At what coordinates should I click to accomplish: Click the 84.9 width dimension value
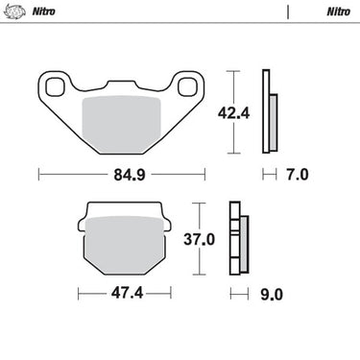click(x=130, y=175)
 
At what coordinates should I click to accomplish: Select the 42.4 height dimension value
click(x=233, y=113)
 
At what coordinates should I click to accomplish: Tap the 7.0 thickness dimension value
click(x=298, y=175)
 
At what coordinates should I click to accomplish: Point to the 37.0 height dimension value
click(x=199, y=239)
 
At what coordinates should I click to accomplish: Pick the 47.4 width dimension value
click(x=127, y=293)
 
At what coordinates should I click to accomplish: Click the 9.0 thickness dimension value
click(x=272, y=295)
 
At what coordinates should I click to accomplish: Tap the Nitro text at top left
click(x=43, y=12)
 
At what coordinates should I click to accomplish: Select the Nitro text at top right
click(x=339, y=12)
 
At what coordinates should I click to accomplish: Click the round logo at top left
click(x=14, y=12)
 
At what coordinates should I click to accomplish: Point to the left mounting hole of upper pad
click(x=55, y=86)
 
